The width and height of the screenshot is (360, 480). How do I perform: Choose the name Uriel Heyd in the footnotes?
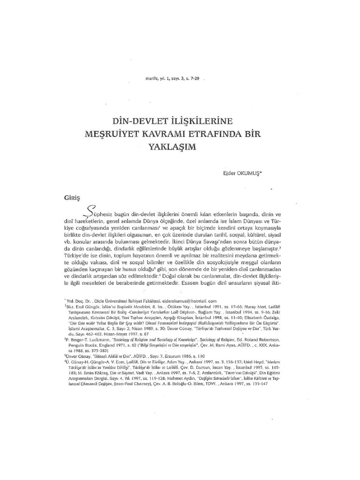pos(256,361)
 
